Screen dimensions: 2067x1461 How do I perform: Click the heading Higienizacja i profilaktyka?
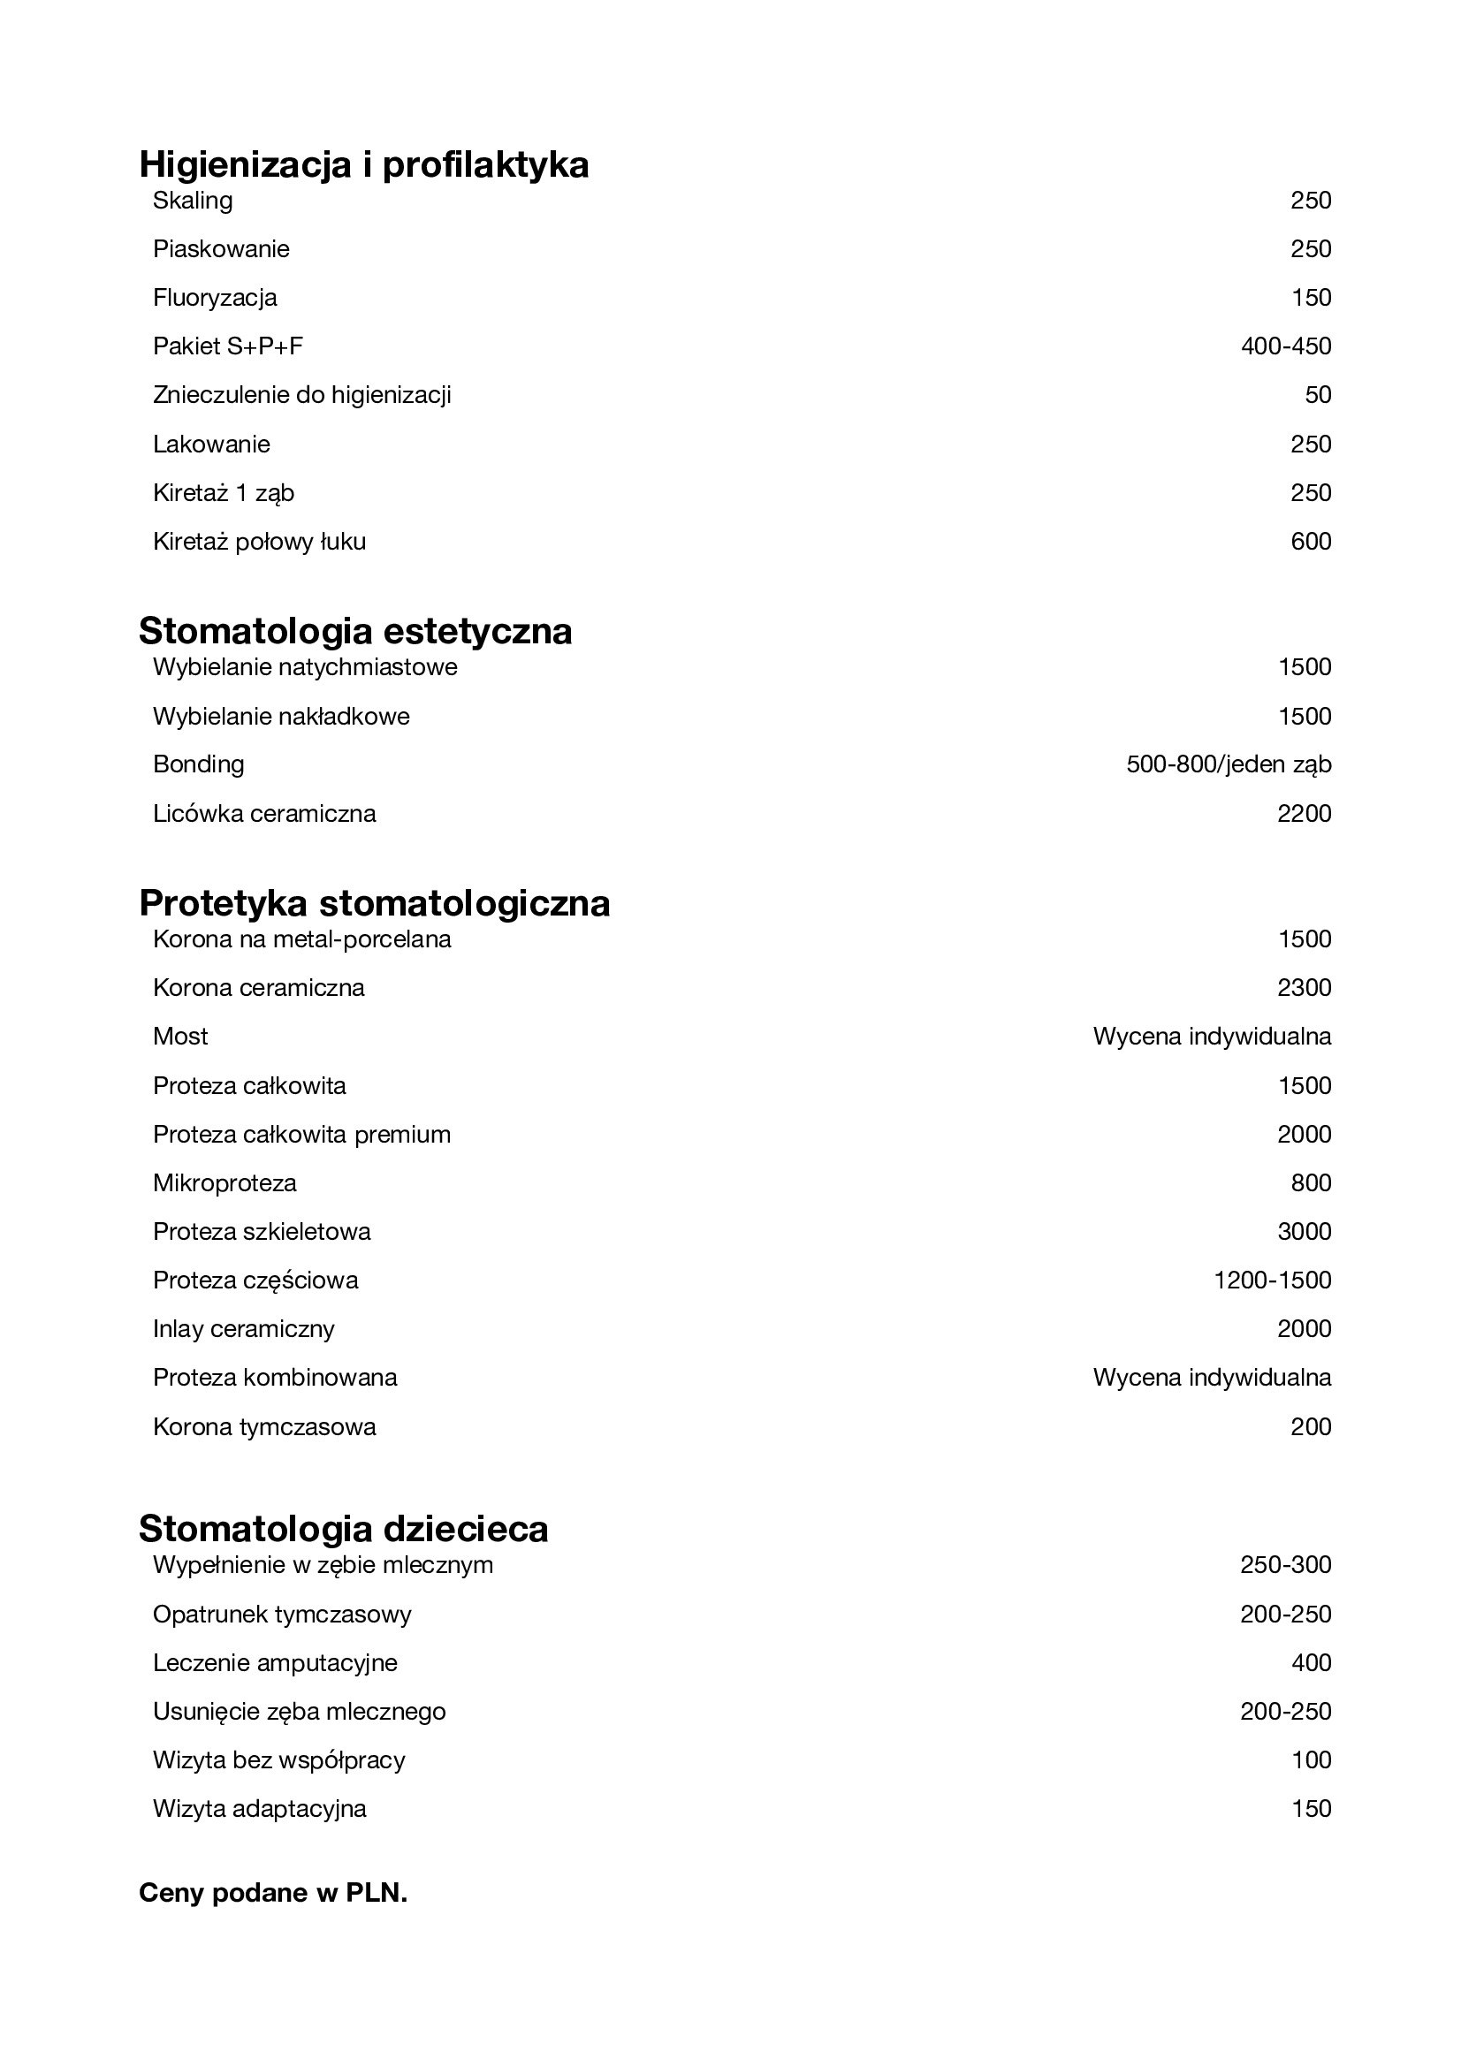tap(363, 164)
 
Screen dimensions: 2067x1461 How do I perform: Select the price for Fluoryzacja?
tap(1311, 298)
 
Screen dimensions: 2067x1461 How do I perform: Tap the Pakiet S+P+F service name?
tap(228, 346)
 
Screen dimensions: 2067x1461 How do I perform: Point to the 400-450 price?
tap(1285, 346)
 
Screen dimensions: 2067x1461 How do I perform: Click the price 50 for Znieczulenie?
tap(1318, 395)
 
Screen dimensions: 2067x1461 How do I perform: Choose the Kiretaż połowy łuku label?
tap(259, 542)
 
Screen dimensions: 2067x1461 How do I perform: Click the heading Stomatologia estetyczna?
tap(355, 631)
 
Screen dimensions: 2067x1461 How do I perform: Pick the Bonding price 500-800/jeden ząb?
tap(1229, 764)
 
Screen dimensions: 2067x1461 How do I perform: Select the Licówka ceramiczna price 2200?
tap(1304, 814)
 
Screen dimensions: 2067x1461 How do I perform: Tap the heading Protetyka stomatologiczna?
tap(375, 903)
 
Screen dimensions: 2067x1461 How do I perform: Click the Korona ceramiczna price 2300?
tap(1304, 989)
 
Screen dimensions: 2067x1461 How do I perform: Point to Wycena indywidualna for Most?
tap(1212, 1037)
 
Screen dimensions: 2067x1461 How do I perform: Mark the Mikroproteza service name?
tap(225, 1183)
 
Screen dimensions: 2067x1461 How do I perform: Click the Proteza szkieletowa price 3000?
tap(1304, 1232)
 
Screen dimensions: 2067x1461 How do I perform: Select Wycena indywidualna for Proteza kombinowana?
tap(1212, 1378)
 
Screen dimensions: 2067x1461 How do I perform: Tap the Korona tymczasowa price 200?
tap(1311, 1427)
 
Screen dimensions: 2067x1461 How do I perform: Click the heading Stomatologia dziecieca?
tap(344, 1530)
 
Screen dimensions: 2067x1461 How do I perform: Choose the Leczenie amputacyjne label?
tap(276, 1663)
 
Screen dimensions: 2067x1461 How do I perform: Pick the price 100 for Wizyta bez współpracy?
tap(1311, 1760)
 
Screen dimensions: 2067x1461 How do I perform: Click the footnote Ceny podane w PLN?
tap(273, 1892)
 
